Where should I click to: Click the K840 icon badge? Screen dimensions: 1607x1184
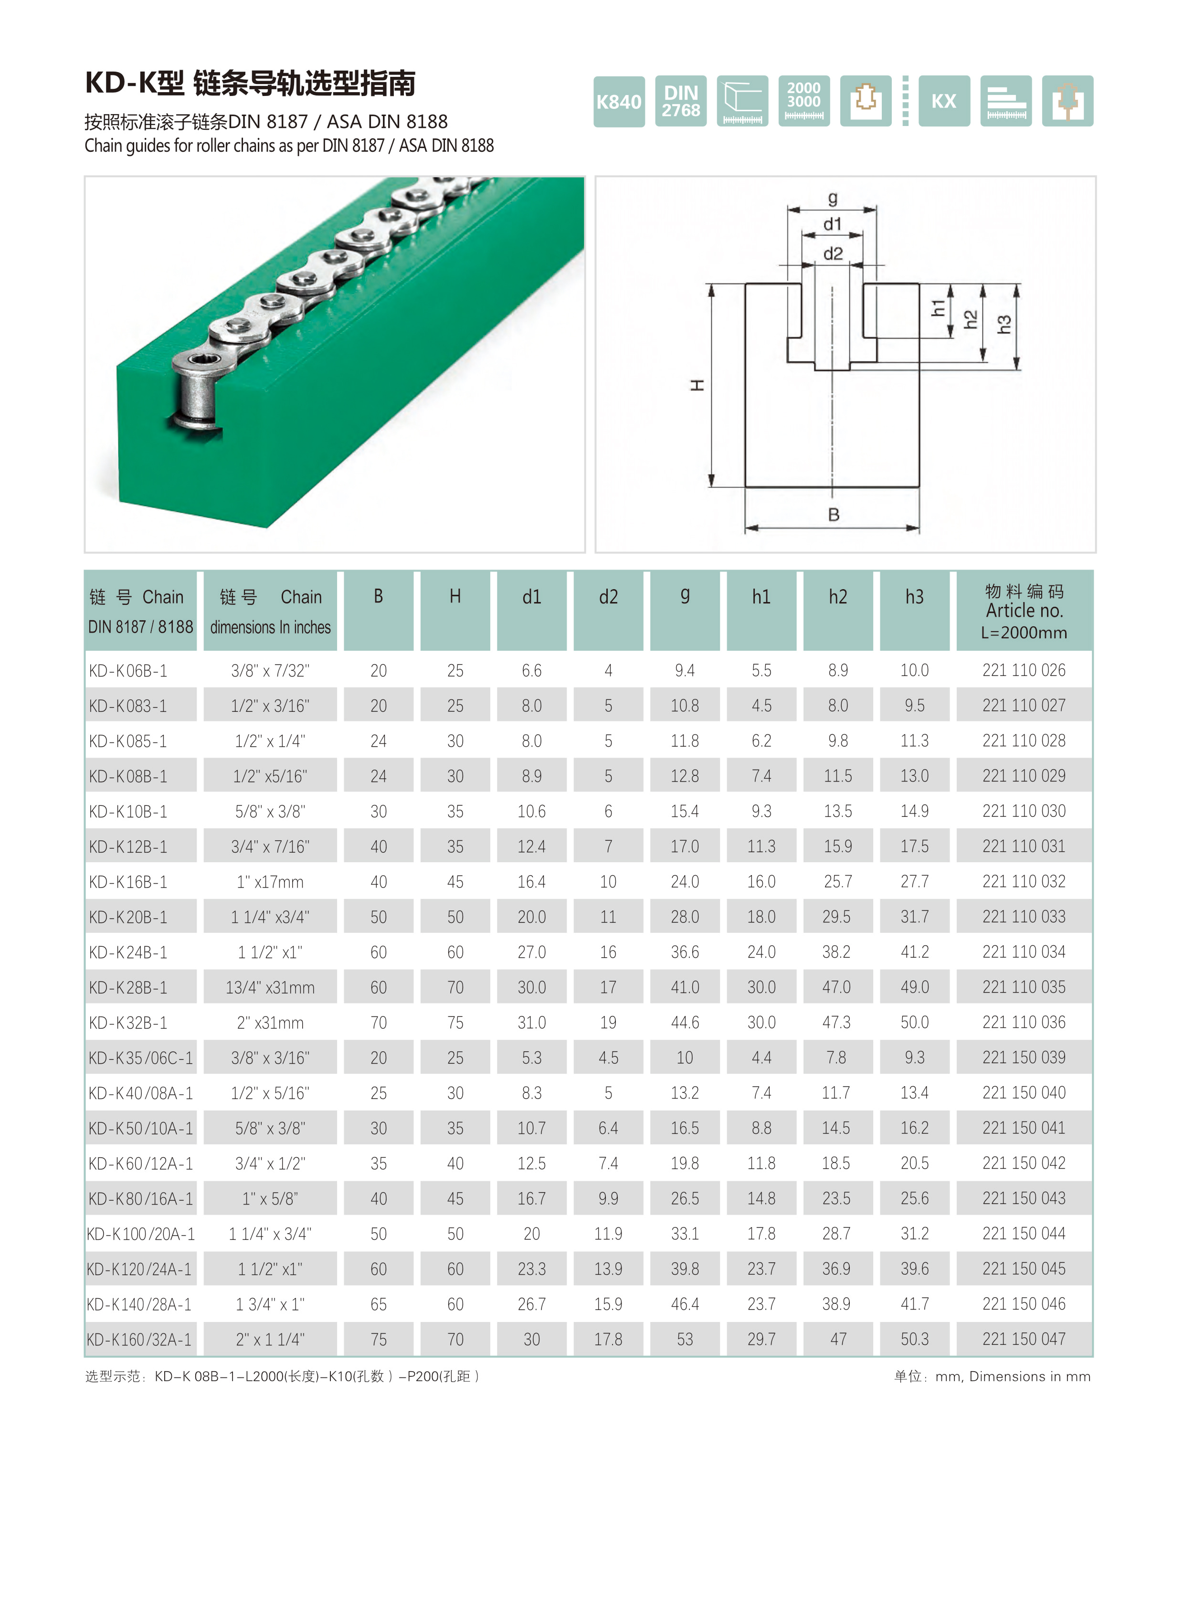pyautogui.click(x=619, y=102)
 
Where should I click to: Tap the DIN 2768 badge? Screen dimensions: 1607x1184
pyautogui.click(x=680, y=102)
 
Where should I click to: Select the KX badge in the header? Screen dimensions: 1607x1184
pyautogui.click(x=943, y=102)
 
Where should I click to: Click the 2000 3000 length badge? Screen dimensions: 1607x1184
pyautogui.click(x=803, y=102)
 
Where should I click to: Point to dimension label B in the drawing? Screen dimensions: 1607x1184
pyautogui.click(x=833, y=515)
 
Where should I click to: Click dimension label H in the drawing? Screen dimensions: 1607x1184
pyautogui.click(x=697, y=386)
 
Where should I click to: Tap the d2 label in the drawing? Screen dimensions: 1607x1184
pyautogui.click(x=833, y=254)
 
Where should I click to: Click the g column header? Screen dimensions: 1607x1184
pyautogui.click(x=685, y=596)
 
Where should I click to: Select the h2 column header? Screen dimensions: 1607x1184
pyautogui.click(x=838, y=596)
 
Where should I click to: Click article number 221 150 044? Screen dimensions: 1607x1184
pyautogui.click(x=1024, y=1234)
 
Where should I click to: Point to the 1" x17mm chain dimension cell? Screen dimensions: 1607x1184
pyautogui.click(x=270, y=882)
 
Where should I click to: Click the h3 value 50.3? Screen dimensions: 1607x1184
pyautogui.click(x=915, y=1339)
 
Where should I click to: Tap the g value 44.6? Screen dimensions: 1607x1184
pyautogui.click(x=685, y=1023)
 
